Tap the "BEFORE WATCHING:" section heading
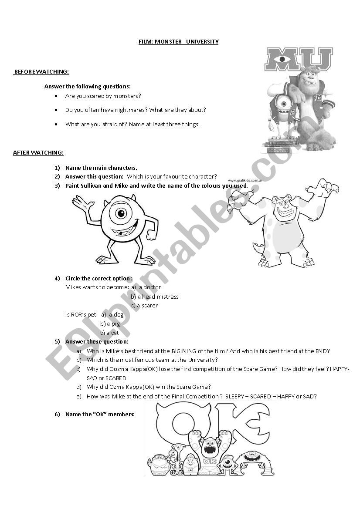coord(42,71)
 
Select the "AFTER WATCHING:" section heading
coord(38,152)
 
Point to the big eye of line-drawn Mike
coord(121,213)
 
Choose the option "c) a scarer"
coord(144,306)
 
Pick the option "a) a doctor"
coord(146,287)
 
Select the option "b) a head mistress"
coord(155,297)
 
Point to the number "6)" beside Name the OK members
coord(57,414)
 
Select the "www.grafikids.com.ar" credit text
coord(245,180)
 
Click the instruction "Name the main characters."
coord(101,168)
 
